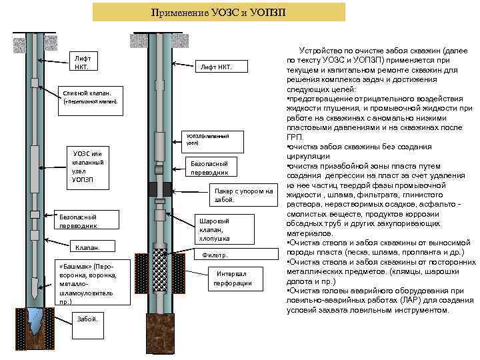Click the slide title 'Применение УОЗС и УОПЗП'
pos(219,12)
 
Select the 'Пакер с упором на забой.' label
pos(233,195)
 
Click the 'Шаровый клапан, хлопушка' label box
pos(215,229)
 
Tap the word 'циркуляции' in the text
pos(307,155)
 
